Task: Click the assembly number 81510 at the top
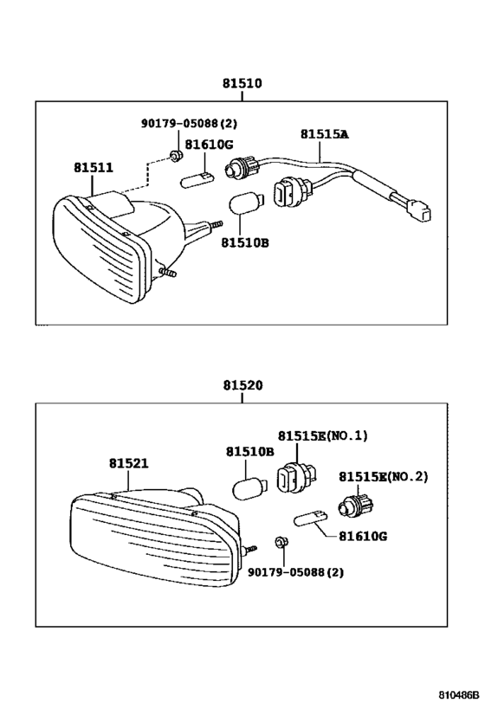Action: pos(242,84)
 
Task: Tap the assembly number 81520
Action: pos(242,387)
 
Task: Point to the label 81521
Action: pos(128,463)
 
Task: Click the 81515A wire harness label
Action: pos(324,134)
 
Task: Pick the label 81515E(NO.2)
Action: pos(383,476)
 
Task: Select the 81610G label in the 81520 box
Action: pos(358,537)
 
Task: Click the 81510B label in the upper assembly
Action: pos(244,243)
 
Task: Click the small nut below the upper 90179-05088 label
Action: pos(175,157)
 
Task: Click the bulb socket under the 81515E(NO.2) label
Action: pos(354,503)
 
